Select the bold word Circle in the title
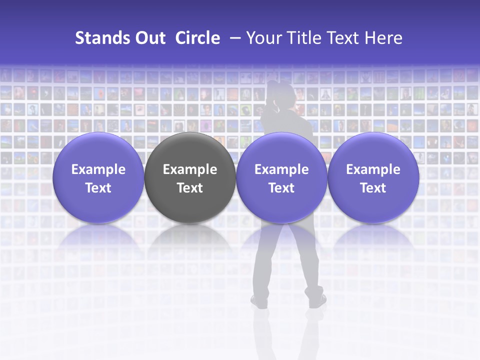[197, 38]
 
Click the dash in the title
[234, 38]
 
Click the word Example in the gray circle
[190, 169]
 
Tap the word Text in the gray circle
[190, 188]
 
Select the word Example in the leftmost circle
[98, 169]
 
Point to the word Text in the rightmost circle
[373, 188]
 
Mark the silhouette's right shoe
[317, 301]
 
